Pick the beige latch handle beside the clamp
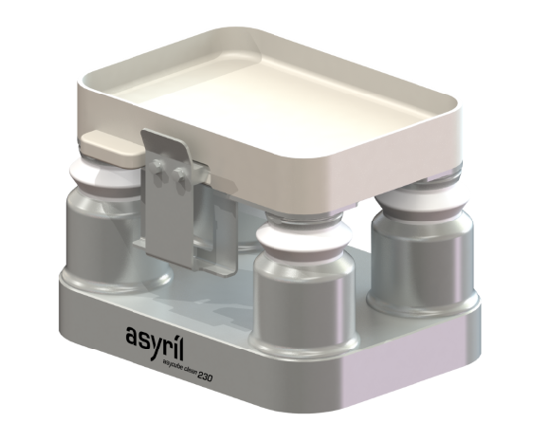tap(106, 145)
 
